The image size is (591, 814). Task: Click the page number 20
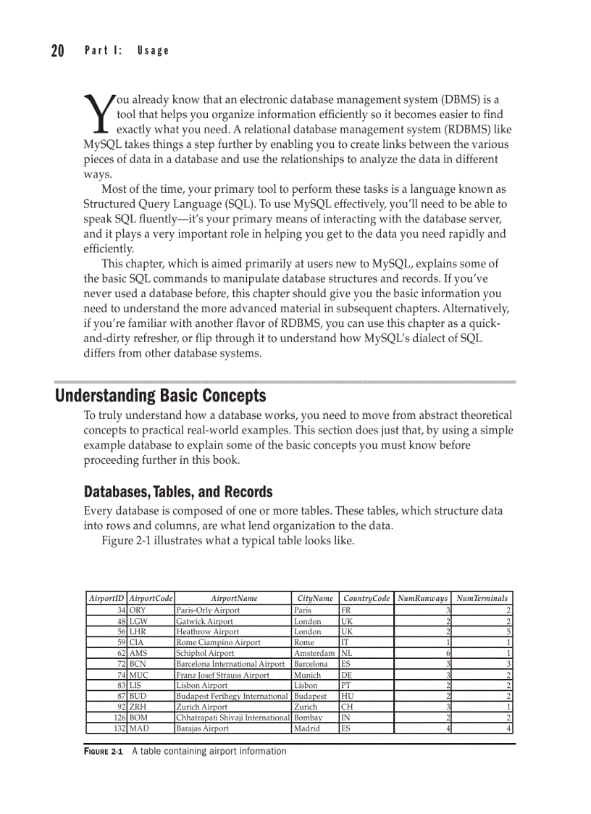click(x=57, y=51)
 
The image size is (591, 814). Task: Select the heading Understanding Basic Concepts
click(x=161, y=396)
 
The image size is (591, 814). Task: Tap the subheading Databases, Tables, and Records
click(x=178, y=492)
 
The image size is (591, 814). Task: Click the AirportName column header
click(x=233, y=599)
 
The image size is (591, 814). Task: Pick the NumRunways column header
click(x=423, y=599)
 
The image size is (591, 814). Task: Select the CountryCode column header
click(x=366, y=599)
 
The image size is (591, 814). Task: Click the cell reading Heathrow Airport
click(x=207, y=631)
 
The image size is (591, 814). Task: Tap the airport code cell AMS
click(x=138, y=653)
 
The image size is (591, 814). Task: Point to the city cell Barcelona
click(x=311, y=664)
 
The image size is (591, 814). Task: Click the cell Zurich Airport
click(x=201, y=707)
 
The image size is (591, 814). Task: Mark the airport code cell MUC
click(x=139, y=675)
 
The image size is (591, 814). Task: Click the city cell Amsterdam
click(x=314, y=653)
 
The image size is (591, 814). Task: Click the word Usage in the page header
click(x=153, y=51)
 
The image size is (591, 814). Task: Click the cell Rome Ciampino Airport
click(x=218, y=642)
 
